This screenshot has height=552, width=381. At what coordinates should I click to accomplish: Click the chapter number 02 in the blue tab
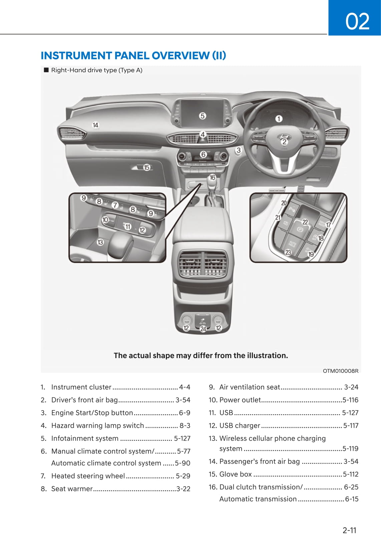357,21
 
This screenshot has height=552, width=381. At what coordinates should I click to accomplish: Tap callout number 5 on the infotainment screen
203,116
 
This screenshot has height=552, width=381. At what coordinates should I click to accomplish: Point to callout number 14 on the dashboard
96,125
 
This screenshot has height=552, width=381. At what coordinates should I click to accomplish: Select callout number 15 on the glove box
147,167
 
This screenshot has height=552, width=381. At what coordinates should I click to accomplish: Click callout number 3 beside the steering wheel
239,150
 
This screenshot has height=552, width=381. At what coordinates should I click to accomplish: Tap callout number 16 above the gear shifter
212,177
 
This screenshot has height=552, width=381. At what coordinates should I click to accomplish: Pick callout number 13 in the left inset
100,242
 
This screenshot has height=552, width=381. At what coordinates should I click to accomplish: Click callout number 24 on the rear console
203,329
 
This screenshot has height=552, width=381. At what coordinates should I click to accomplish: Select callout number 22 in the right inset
305,222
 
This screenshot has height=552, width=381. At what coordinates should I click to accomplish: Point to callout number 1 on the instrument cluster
279,118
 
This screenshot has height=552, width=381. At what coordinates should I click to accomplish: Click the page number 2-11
349,530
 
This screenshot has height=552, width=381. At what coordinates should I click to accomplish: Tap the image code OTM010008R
340,371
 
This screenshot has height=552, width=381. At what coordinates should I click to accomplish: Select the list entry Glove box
236,474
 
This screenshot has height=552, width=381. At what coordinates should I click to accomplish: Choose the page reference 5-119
350,449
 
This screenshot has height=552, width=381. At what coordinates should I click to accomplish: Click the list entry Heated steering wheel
88,476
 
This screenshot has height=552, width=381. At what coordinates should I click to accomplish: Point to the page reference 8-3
185,426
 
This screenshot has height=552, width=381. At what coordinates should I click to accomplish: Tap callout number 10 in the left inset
105,220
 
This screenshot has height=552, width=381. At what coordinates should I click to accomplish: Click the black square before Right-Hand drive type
46,70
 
